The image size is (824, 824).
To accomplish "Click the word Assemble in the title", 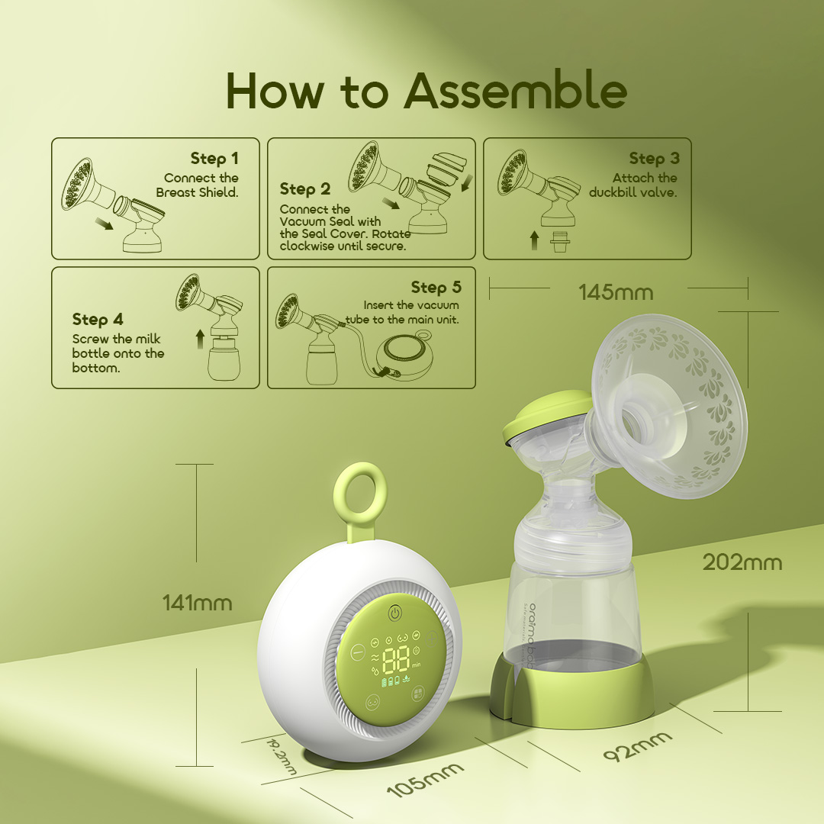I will click(x=516, y=91).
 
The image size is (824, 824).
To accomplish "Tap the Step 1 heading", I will click(x=214, y=159).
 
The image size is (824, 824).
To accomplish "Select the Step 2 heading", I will click(x=305, y=189).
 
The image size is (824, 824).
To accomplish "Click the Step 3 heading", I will click(x=654, y=159).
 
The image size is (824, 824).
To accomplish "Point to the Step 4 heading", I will click(x=98, y=319).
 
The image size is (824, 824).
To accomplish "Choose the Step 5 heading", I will click(x=436, y=288).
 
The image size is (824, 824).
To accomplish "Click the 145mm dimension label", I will click(x=616, y=293).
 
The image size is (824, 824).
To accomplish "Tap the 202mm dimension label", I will click(x=742, y=563).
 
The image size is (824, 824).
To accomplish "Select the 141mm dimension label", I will click(x=197, y=603).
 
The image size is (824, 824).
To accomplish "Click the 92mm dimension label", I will click(x=638, y=745).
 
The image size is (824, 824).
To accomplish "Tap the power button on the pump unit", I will click(x=394, y=613).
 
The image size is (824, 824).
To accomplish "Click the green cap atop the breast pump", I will click(x=546, y=418).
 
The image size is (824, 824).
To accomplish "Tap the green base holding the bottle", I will click(x=572, y=689).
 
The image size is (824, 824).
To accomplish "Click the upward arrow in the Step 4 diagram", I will click(x=200, y=339).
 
